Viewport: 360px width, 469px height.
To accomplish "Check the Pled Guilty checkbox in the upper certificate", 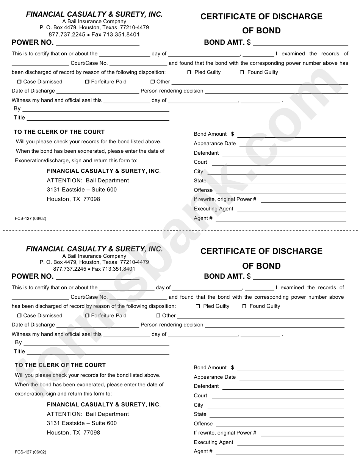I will coord(189,72).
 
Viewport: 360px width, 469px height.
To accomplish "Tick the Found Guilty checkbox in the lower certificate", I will coord(244,306).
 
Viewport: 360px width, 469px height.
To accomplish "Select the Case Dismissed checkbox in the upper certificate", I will coord(19,82).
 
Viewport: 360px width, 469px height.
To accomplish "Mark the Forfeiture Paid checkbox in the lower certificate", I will coord(87,316).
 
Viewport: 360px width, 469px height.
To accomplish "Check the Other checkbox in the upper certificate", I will coord(152,82).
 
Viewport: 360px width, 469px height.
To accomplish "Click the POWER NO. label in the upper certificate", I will coord(33,42).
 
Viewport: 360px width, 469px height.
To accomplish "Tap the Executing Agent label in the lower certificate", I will coord(213,442).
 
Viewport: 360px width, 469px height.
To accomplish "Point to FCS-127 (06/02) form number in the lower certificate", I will coord(30,452).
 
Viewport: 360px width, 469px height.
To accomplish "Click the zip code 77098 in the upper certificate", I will coord(92,199).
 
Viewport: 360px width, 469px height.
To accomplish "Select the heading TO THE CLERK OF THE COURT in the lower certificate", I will coord(60,365).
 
